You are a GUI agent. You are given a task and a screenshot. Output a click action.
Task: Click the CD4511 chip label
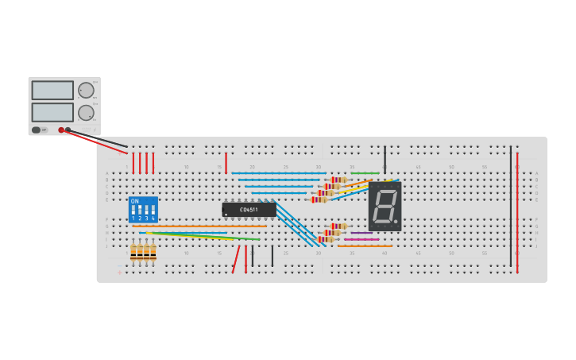(x=249, y=210)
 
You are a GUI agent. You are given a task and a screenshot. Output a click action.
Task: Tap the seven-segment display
(x=385, y=206)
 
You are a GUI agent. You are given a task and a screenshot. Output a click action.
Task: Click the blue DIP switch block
(x=143, y=210)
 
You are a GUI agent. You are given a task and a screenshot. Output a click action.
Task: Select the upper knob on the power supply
(x=85, y=91)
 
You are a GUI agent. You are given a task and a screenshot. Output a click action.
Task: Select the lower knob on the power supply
(x=85, y=113)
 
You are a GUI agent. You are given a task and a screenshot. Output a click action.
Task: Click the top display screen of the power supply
(x=52, y=91)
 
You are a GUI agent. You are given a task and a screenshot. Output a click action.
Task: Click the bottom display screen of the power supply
(x=52, y=112)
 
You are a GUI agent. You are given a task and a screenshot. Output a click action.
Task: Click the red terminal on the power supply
(x=61, y=130)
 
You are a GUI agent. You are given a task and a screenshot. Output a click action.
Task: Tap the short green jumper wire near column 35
(x=365, y=173)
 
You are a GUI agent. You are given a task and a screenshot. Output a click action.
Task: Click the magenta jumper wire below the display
(x=361, y=239)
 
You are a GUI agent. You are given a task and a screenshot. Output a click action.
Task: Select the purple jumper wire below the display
(x=361, y=233)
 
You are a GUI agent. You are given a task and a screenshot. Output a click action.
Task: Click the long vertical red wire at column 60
(x=517, y=211)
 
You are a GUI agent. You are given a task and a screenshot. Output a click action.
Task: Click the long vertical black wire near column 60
(x=511, y=207)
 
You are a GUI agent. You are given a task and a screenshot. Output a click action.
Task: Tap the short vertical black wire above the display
(x=385, y=159)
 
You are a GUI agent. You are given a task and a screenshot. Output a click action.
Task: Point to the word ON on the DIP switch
(x=134, y=201)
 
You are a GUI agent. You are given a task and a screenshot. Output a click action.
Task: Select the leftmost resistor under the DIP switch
(x=133, y=252)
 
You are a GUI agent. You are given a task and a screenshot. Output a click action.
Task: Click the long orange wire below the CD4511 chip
(x=199, y=226)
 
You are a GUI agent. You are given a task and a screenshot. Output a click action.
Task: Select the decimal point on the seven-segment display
(x=396, y=222)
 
